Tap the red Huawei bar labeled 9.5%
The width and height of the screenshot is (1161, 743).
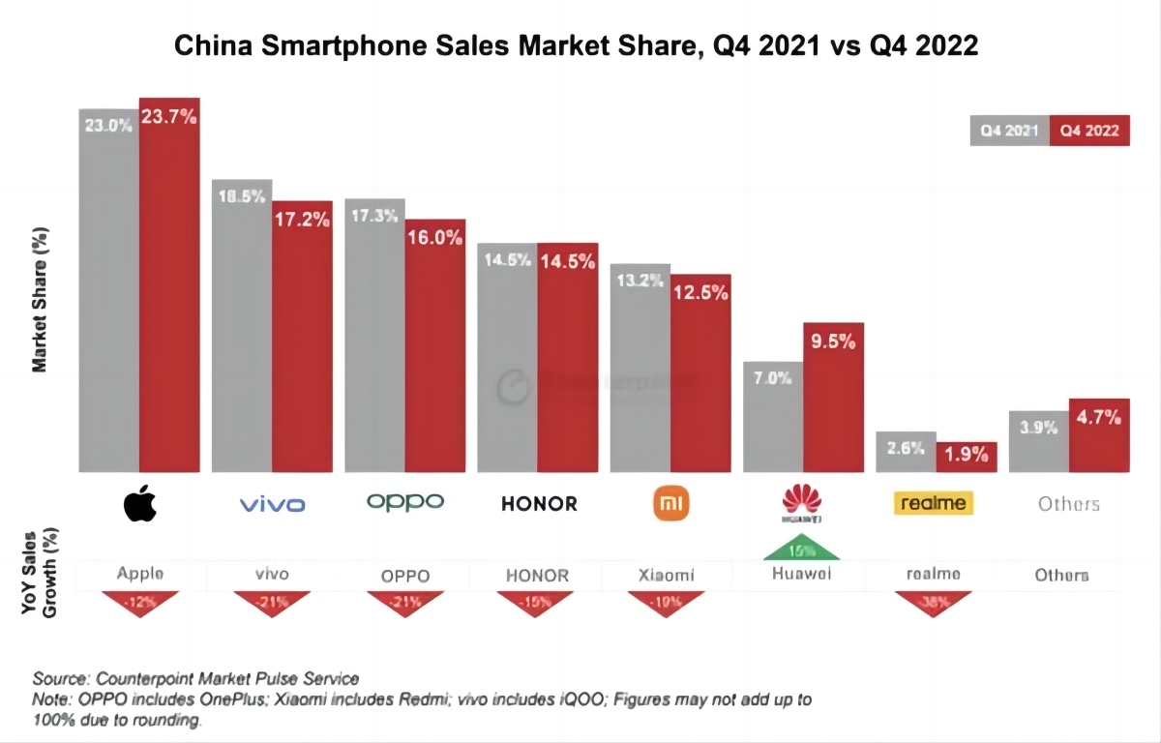coord(833,397)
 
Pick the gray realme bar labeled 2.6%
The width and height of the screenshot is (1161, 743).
coord(906,452)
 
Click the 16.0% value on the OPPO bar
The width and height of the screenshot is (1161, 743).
coord(434,238)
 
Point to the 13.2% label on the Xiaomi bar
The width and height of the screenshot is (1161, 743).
coord(640,282)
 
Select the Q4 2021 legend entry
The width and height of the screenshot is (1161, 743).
coord(1009,131)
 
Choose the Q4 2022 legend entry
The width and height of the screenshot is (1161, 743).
coord(1090,131)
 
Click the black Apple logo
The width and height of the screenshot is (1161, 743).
coord(140,504)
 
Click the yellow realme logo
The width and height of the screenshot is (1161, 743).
coord(933,503)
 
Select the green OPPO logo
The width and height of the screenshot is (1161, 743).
coord(405,502)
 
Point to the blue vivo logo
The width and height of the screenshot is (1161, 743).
coord(272,504)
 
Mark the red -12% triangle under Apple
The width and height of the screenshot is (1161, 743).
coord(139,601)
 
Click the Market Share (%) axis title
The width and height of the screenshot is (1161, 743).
coord(41,301)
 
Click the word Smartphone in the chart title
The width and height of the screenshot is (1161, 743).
coord(342,45)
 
